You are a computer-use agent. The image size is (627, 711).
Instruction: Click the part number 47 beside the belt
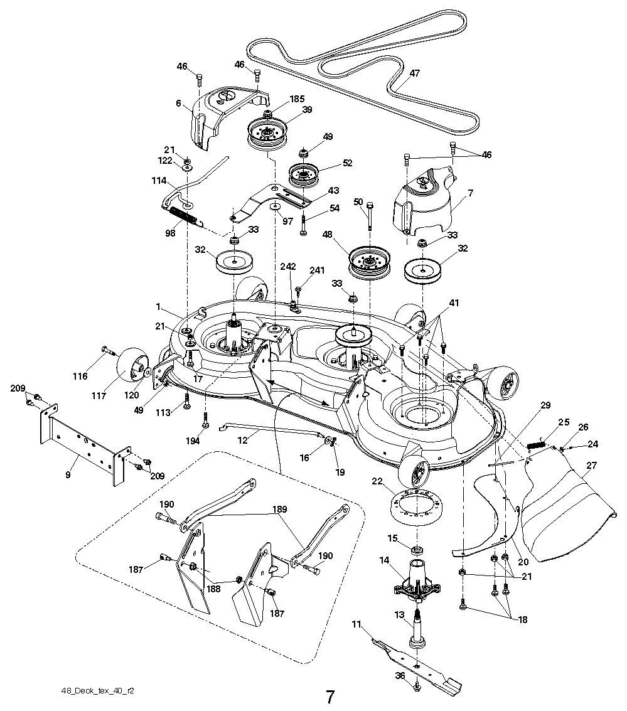(415, 73)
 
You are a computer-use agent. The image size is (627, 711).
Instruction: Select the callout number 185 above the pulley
(297, 99)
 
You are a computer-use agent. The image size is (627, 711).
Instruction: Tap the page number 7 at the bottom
(330, 697)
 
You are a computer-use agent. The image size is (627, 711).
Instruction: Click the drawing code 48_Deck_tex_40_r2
(97, 691)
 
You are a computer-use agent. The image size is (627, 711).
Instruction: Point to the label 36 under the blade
(399, 676)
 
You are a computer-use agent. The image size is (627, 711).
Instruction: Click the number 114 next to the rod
(158, 181)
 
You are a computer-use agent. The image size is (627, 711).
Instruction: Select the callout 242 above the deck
(288, 266)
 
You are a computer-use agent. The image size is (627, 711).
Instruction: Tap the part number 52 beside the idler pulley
(347, 163)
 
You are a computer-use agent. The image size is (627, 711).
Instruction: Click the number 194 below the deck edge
(193, 441)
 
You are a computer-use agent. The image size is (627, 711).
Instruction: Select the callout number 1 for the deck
(159, 306)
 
